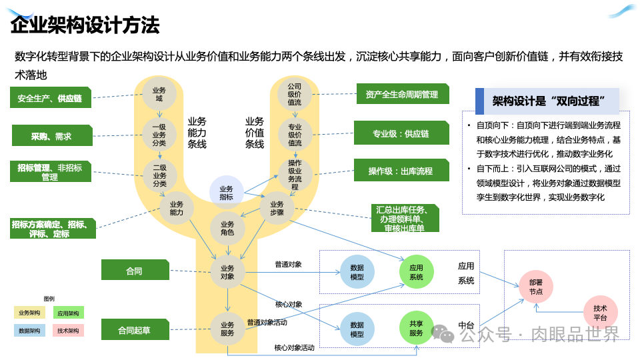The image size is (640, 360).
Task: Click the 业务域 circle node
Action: pyautogui.click(x=159, y=94)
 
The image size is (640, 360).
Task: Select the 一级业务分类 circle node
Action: pyautogui.click(x=159, y=135)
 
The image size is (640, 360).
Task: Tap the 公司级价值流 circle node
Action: pyautogui.click(x=295, y=94)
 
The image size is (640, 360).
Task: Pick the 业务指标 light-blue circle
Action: pyautogui.click(x=227, y=193)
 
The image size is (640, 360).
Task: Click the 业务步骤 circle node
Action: pyautogui.click(x=277, y=208)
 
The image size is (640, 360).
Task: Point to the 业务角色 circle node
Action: pyautogui.click(x=227, y=229)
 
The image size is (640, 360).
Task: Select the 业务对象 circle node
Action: pyautogui.click(x=227, y=272)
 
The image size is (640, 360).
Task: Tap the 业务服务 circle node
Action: pyautogui.click(x=227, y=329)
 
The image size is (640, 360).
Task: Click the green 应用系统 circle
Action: pyautogui.click(x=417, y=272)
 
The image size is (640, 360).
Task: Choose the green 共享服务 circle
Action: pyautogui.click(x=417, y=328)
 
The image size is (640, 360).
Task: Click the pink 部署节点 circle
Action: pyautogui.click(x=536, y=287)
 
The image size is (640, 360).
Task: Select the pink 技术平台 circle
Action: pyautogui.click(x=600, y=313)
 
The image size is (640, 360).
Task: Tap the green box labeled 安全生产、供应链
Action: pyautogui.click(x=50, y=98)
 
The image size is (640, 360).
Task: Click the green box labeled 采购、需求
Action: pyautogui.click(x=51, y=136)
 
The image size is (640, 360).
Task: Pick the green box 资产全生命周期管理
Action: pyautogui.click(x=402, y=95)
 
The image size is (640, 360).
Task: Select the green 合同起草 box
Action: pyautogui.click(x=134, y=330)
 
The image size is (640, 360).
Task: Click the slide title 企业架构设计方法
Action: pyautogui.click(x=85, y=25)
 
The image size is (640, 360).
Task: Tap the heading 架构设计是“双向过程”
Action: pyautogui.click(x=548, y=101)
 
